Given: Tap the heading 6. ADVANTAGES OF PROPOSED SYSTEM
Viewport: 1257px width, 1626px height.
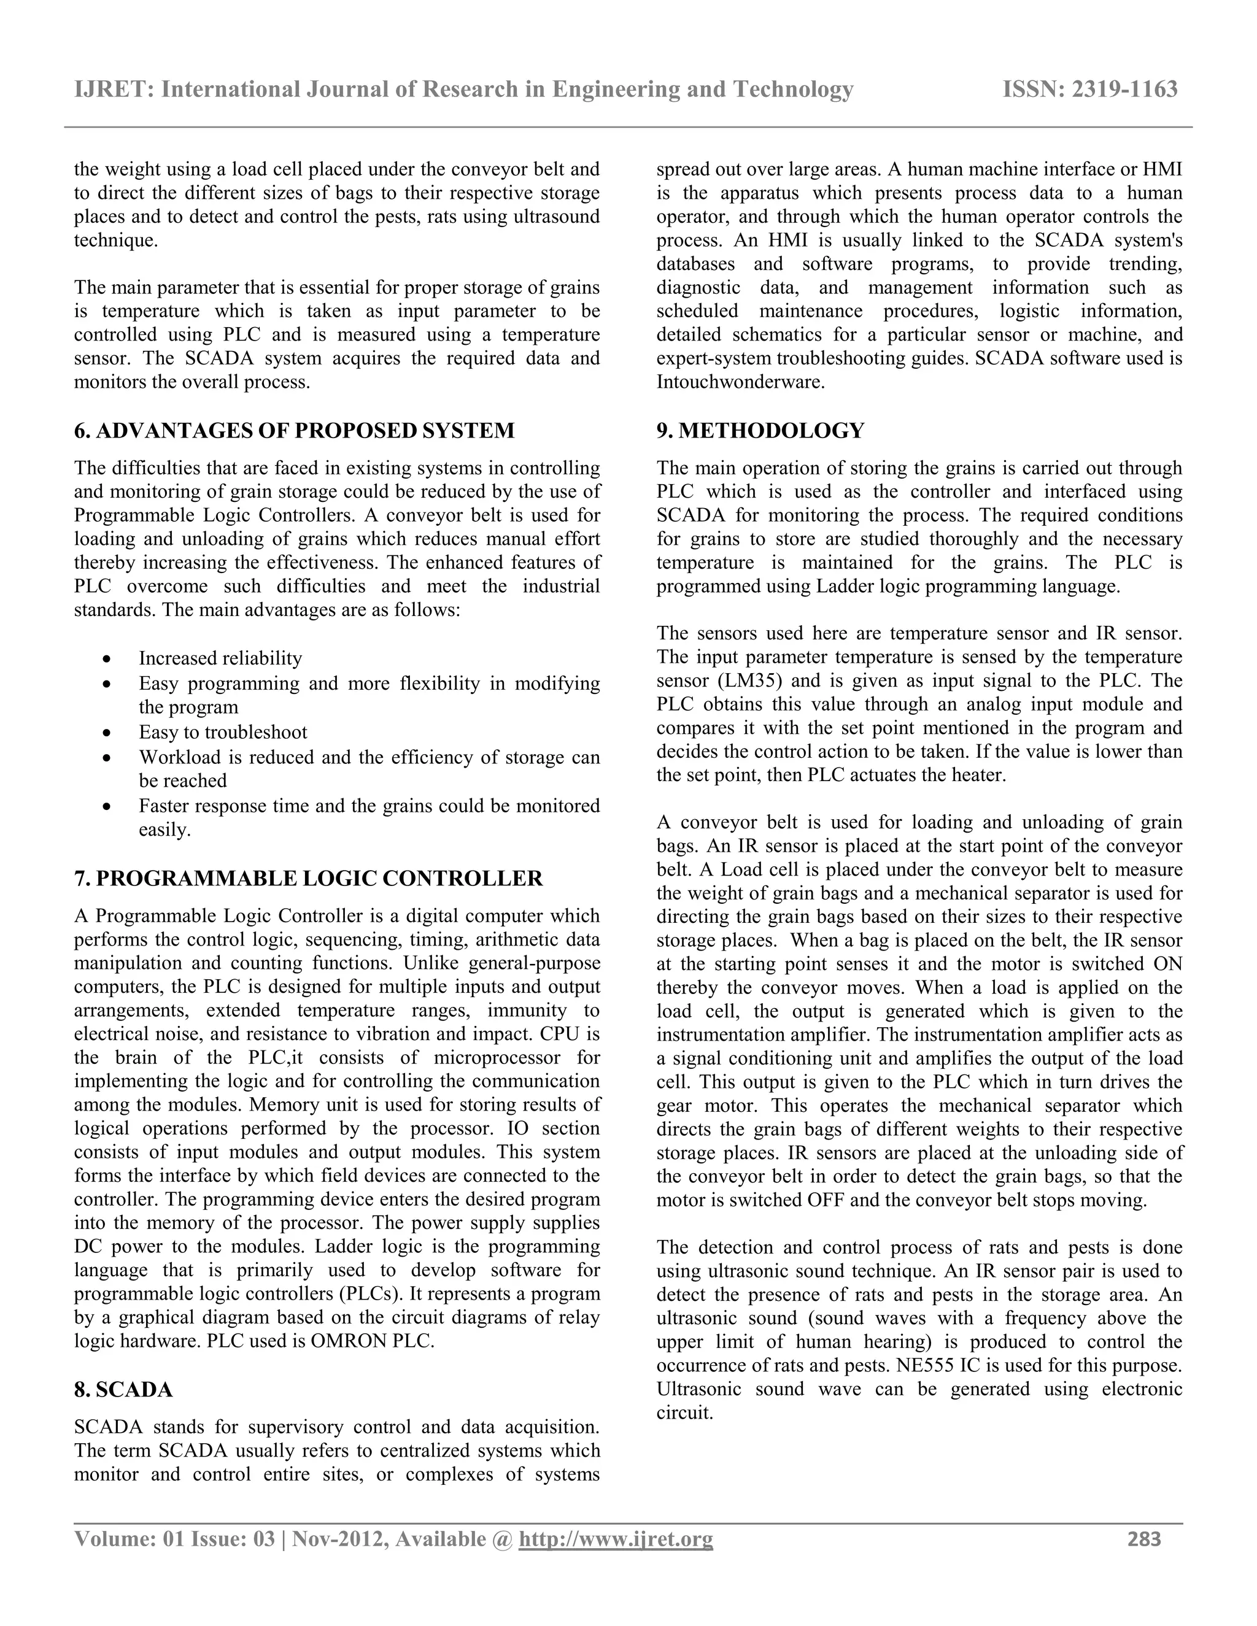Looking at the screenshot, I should (x=294, y=430).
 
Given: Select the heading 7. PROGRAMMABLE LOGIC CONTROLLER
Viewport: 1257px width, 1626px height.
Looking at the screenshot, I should (x=308, y=879).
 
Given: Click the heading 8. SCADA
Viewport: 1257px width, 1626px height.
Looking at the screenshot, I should (x=123, y=1390).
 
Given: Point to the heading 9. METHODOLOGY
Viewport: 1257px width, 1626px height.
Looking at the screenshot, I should (x=760, y=430).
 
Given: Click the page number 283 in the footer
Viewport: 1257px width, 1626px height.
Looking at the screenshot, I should (x=1144, y=1538).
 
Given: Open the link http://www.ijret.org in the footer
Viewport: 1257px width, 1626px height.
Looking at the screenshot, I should (x=615, y=1538).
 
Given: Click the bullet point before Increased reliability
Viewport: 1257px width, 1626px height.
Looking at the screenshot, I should (x=109, y=660).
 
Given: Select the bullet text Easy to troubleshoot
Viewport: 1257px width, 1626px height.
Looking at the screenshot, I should (x=223, y=733).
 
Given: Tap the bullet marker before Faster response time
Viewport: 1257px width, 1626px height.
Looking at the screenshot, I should (x=109, y=807).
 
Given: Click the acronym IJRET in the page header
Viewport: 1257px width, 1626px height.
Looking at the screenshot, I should (x=112, y=90).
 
